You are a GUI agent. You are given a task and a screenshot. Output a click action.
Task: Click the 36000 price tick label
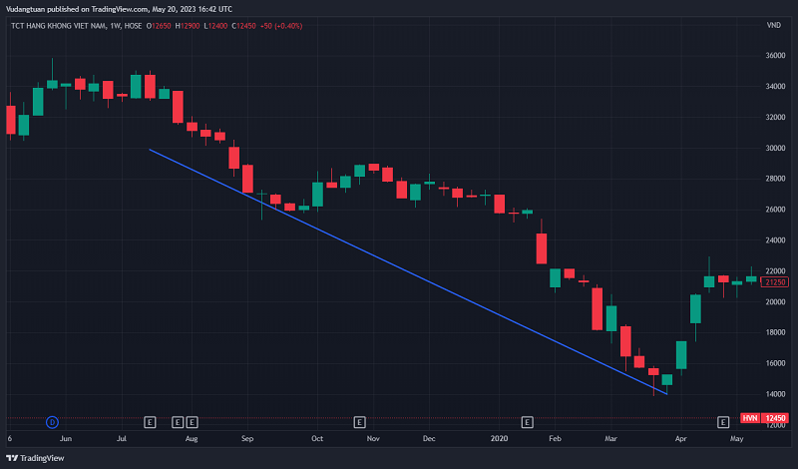point(774,55)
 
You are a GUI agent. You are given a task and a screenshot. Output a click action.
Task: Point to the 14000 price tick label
point(774,395)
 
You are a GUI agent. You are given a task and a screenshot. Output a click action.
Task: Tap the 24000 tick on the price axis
point(774,240)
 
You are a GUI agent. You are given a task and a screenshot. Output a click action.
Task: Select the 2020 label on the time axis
point(500,438)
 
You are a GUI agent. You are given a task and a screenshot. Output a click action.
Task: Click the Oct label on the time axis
point(318,438)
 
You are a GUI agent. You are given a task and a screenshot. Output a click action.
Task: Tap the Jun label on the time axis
point(66,438)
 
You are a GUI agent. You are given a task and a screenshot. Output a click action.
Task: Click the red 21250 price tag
point(776,282)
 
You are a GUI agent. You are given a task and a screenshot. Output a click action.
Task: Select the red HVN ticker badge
point(751,418)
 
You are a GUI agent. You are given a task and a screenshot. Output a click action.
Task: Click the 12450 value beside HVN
point(776,418)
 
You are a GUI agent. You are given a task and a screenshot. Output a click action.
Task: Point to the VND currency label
point(773,25)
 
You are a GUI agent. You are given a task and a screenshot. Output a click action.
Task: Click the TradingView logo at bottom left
point(39,458)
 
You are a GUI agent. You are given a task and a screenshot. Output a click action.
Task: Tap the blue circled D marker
point(52,421)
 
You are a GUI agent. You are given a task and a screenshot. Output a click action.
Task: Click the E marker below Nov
point(359,421)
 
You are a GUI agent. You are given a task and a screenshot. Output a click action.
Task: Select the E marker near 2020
point(528,421)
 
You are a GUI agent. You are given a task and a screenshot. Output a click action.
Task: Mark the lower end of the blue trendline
point(666,393)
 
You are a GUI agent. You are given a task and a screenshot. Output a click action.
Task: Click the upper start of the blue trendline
point(150,150)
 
